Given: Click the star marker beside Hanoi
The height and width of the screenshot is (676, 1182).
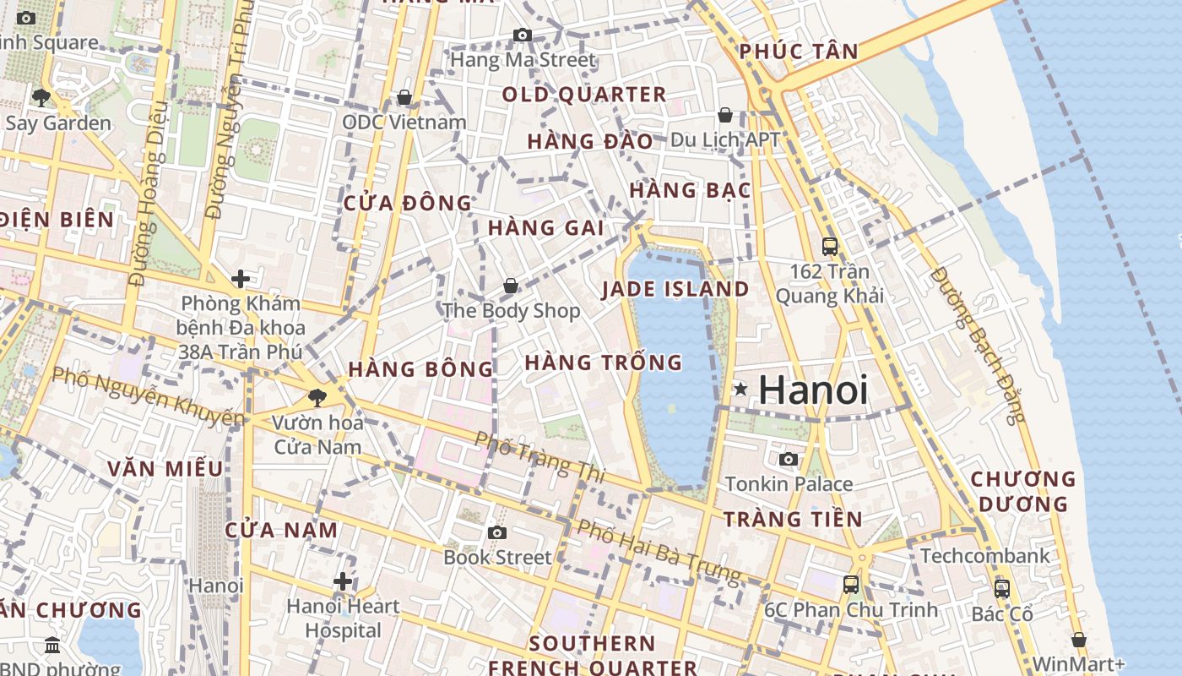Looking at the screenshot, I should point(740,389).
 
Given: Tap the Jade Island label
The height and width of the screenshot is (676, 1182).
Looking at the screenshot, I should point(675,289).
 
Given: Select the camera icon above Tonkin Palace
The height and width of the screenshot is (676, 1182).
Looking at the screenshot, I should point(789,459).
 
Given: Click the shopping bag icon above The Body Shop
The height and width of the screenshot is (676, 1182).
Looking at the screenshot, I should point(511,286).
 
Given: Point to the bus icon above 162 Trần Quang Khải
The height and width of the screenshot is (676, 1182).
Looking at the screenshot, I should point(830,246).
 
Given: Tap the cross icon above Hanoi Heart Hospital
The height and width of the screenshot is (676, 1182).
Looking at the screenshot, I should point(342,581).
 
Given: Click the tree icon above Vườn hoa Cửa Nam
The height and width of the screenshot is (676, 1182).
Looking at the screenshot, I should point(317,396).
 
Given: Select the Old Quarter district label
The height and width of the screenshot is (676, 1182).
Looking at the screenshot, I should point(584,95).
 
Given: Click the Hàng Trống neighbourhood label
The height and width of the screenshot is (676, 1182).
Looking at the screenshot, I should point(603,363).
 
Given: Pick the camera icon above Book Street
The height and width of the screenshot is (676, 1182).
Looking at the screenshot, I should point(497,532).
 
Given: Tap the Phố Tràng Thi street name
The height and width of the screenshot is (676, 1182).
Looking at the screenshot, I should point(539,457).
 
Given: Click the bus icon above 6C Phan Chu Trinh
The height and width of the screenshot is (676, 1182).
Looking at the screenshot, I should point(851,584).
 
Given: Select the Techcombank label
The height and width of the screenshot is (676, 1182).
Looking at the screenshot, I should point(985,556).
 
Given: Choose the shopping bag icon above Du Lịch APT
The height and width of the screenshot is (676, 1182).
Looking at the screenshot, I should point(724,115).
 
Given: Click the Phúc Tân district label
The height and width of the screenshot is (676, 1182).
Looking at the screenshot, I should point(799,52).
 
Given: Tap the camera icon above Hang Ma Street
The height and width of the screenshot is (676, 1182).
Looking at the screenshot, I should point(523,35).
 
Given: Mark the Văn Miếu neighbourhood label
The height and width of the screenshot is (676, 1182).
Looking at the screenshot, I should point(165,469).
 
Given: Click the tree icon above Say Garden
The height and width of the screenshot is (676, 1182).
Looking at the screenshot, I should point(41,97).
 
